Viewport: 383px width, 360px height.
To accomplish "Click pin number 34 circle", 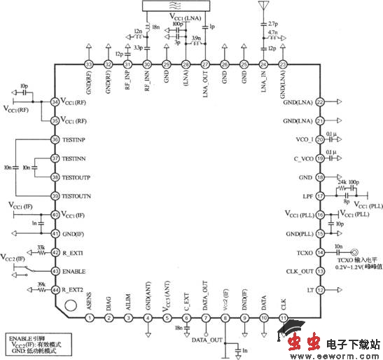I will tap(55, 103).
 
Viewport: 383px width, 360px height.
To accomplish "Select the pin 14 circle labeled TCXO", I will tap(320, 251).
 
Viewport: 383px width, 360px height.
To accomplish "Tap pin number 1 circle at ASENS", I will tap(90, 318).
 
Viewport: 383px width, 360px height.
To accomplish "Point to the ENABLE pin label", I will tap(74, 270).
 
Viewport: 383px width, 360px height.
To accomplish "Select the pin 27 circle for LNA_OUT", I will tap(204, 65).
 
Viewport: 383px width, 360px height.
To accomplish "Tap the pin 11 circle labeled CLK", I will tap(283, 318).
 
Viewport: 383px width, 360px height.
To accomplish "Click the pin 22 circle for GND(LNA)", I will tap(320, 102).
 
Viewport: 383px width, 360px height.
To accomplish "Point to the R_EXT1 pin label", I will tap(74, 252).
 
